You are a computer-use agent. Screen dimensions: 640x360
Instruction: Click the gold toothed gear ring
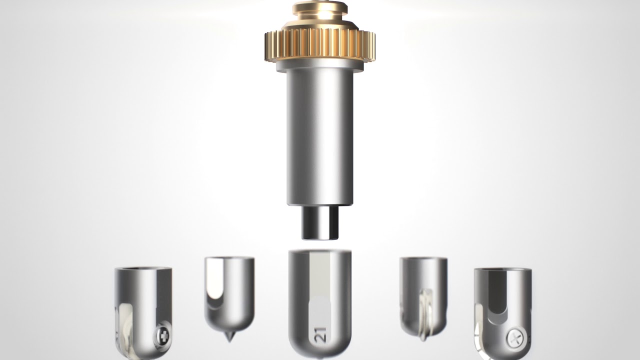tap(319, 45)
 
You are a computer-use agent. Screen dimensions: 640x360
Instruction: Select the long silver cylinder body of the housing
tap(320, 137)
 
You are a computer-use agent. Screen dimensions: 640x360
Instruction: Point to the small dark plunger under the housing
tap(320, 223)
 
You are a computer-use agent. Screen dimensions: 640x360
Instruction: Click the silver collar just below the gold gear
tap(319, 65)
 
